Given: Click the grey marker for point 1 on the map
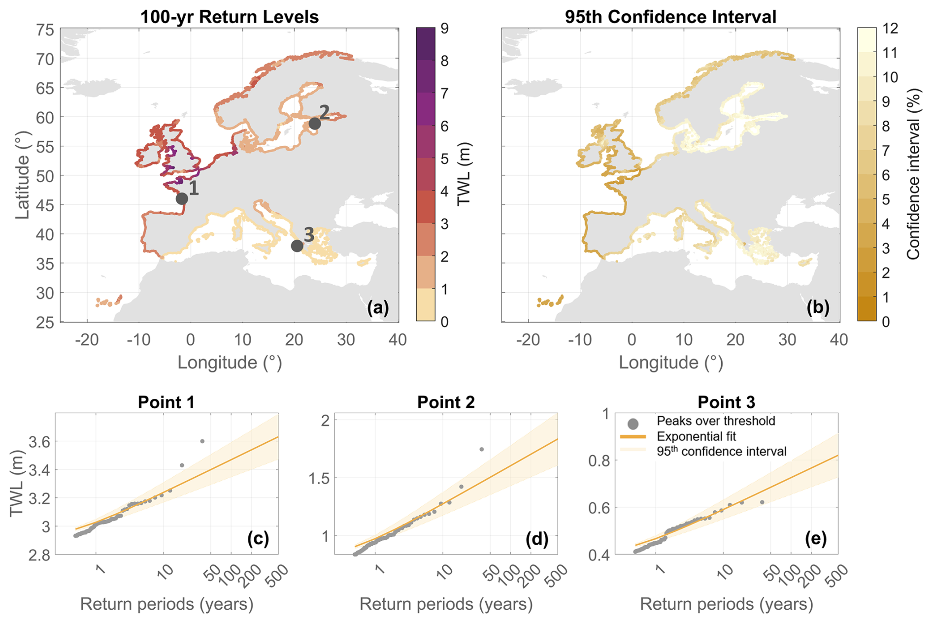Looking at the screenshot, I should coord(182,198).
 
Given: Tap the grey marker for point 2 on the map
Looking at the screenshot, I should coord(315,124).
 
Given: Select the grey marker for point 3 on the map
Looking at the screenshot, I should coord(297,246).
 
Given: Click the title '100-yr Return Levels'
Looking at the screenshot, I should coord(229,17).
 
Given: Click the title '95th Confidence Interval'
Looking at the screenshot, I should coord(670,17).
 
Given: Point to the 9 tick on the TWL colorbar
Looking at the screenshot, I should coord(444,29).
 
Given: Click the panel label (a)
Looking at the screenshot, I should coord(378,307).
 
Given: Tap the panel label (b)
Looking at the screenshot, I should coord(818,307).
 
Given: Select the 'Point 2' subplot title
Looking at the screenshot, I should coord(446,402).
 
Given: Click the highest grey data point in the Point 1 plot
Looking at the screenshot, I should coord(202,441).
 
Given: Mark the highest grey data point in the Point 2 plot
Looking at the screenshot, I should coord(481,449).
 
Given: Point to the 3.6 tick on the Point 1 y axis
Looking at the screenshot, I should coord(40,442).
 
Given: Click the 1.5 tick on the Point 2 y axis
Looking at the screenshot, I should coord(319,478).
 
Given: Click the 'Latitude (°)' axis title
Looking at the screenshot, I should coord(23,175).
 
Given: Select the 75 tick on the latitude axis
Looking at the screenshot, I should coord(45,30).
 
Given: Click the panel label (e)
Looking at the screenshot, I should coord(816,539).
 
